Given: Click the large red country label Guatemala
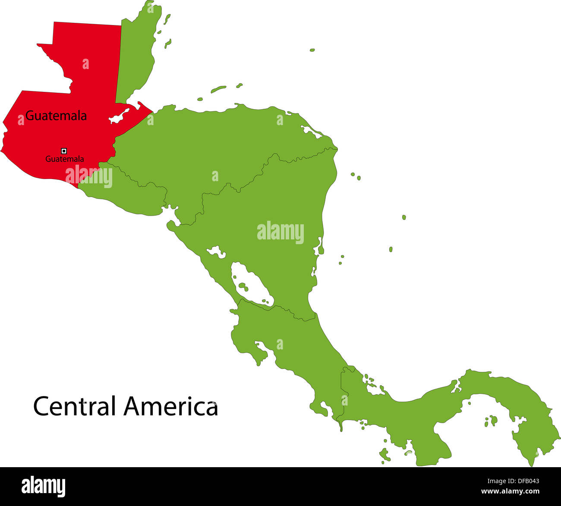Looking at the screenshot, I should coord(56,116).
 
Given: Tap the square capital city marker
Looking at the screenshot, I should coord(64,151).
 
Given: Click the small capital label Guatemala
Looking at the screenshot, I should coord(65,159).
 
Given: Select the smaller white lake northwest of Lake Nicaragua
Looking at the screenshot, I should coord(216,252).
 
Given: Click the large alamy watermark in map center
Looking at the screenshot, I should coord(280,233).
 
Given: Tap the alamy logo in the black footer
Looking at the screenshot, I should coord(43,486).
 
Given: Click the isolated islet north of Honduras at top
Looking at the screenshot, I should coord(312,50).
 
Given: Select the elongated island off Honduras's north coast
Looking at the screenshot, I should coord(218,89).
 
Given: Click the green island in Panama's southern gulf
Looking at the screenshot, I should coord(491,420).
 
